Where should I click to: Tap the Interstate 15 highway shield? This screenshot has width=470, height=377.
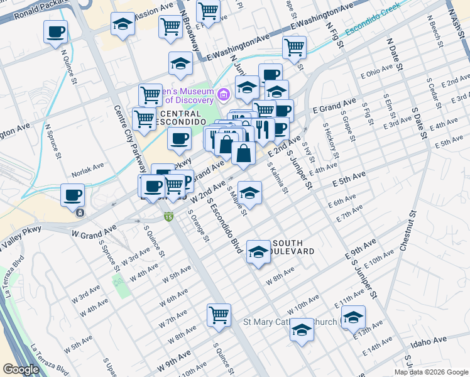pyautogui.click(x=168, y=217)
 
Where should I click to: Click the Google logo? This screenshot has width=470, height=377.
pyautogui.click(x=21, y=369)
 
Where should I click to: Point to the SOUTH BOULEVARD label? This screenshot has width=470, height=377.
pyautogui.click(x=292, y=247)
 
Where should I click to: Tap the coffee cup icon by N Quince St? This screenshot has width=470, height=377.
pyautogui.click(x=55, y=31)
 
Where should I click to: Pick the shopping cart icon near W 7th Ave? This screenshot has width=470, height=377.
pyautogui.click(x=219, y=315)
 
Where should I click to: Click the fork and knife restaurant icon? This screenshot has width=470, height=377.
pyautogui.click(x=263, y=130)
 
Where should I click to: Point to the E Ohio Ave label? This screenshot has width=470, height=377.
pyautogui.click(x=376, y=73)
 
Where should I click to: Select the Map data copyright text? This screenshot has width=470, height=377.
pyautogui.click(x=430, y=372)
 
